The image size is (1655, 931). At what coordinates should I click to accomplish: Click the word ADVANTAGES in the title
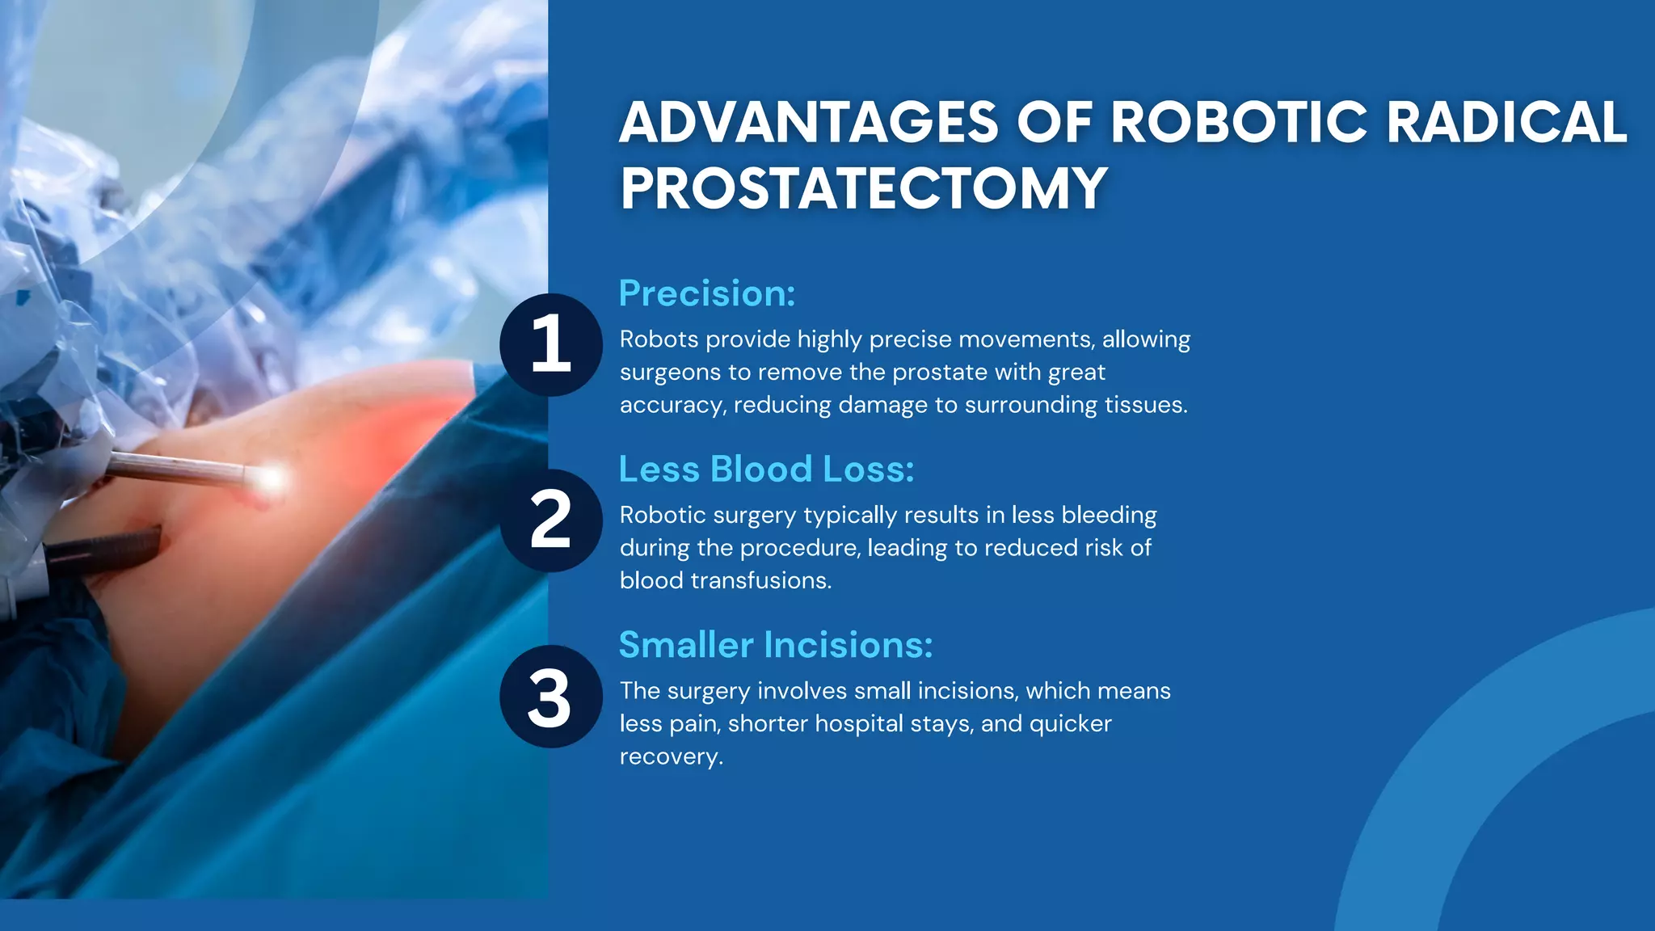coord(808,123)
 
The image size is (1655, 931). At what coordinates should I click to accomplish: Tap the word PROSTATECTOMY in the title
coord(863,188)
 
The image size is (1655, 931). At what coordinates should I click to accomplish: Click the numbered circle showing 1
coord(551,345)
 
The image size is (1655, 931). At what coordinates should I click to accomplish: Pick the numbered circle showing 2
coord(551,520)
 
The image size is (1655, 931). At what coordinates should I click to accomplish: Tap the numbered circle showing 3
coord(551,697)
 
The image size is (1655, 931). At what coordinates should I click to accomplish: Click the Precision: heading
coord(707,293)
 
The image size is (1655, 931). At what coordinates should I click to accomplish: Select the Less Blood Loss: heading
coord(766,470)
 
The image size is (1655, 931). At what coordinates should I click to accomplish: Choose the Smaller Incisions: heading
coord(776,645)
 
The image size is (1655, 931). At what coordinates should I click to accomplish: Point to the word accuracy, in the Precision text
coord(672,406)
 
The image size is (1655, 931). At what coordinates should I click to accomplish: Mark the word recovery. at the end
coord(671,757)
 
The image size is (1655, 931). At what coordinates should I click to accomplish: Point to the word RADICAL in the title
coord(1506,123)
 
